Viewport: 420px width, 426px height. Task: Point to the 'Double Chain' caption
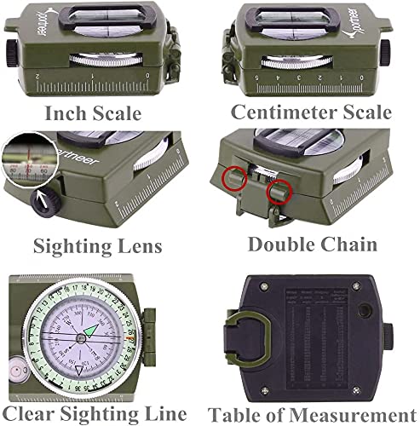[313, 245]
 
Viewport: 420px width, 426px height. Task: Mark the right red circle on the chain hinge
[274, 193]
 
